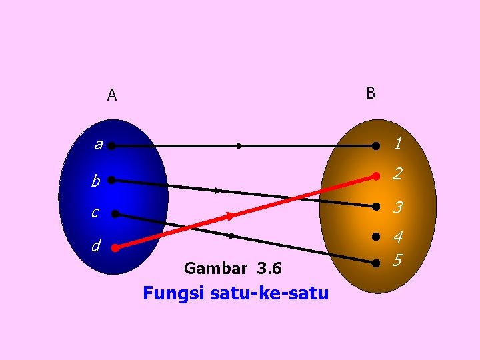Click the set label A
(x=112, y=95)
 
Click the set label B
(x=371, y=93)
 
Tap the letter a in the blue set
(x=98, y=145)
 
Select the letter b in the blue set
(x=96, y=181)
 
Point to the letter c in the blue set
(x=95, y=213)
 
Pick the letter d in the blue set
(x=97, y=246)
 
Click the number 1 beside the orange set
(x=397, y=144)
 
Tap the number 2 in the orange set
(x=397, y=175)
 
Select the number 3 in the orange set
(x=397, y=208)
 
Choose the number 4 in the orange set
(x=398, y=237)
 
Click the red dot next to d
(x=115, y=248)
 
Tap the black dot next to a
(x=111, y=145)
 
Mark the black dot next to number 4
(x=376, y=237)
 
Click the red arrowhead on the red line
(x=229, y=216)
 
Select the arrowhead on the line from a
(x=239, y=145)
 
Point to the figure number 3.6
(x=269, y=269)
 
